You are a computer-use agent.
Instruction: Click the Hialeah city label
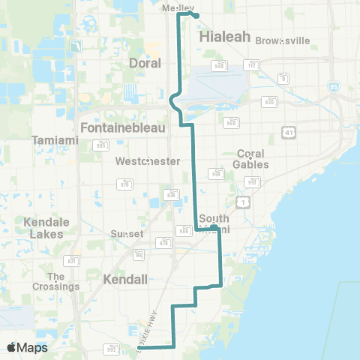coord(223,35)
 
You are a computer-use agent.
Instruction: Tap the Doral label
coord(145,64)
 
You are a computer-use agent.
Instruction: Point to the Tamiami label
coord(51,140)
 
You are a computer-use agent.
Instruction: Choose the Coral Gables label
coord(250,158)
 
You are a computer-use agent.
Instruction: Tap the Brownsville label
coord(278,40)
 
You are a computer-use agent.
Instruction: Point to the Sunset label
coord(127,233)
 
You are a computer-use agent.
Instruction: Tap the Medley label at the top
coord(177,7)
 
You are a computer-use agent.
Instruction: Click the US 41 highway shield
coord(289,132)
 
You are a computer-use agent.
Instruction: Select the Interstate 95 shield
coord(332,87)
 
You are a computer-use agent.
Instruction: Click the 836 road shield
coord(173,194)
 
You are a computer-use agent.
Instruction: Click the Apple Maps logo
coord(28,347)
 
